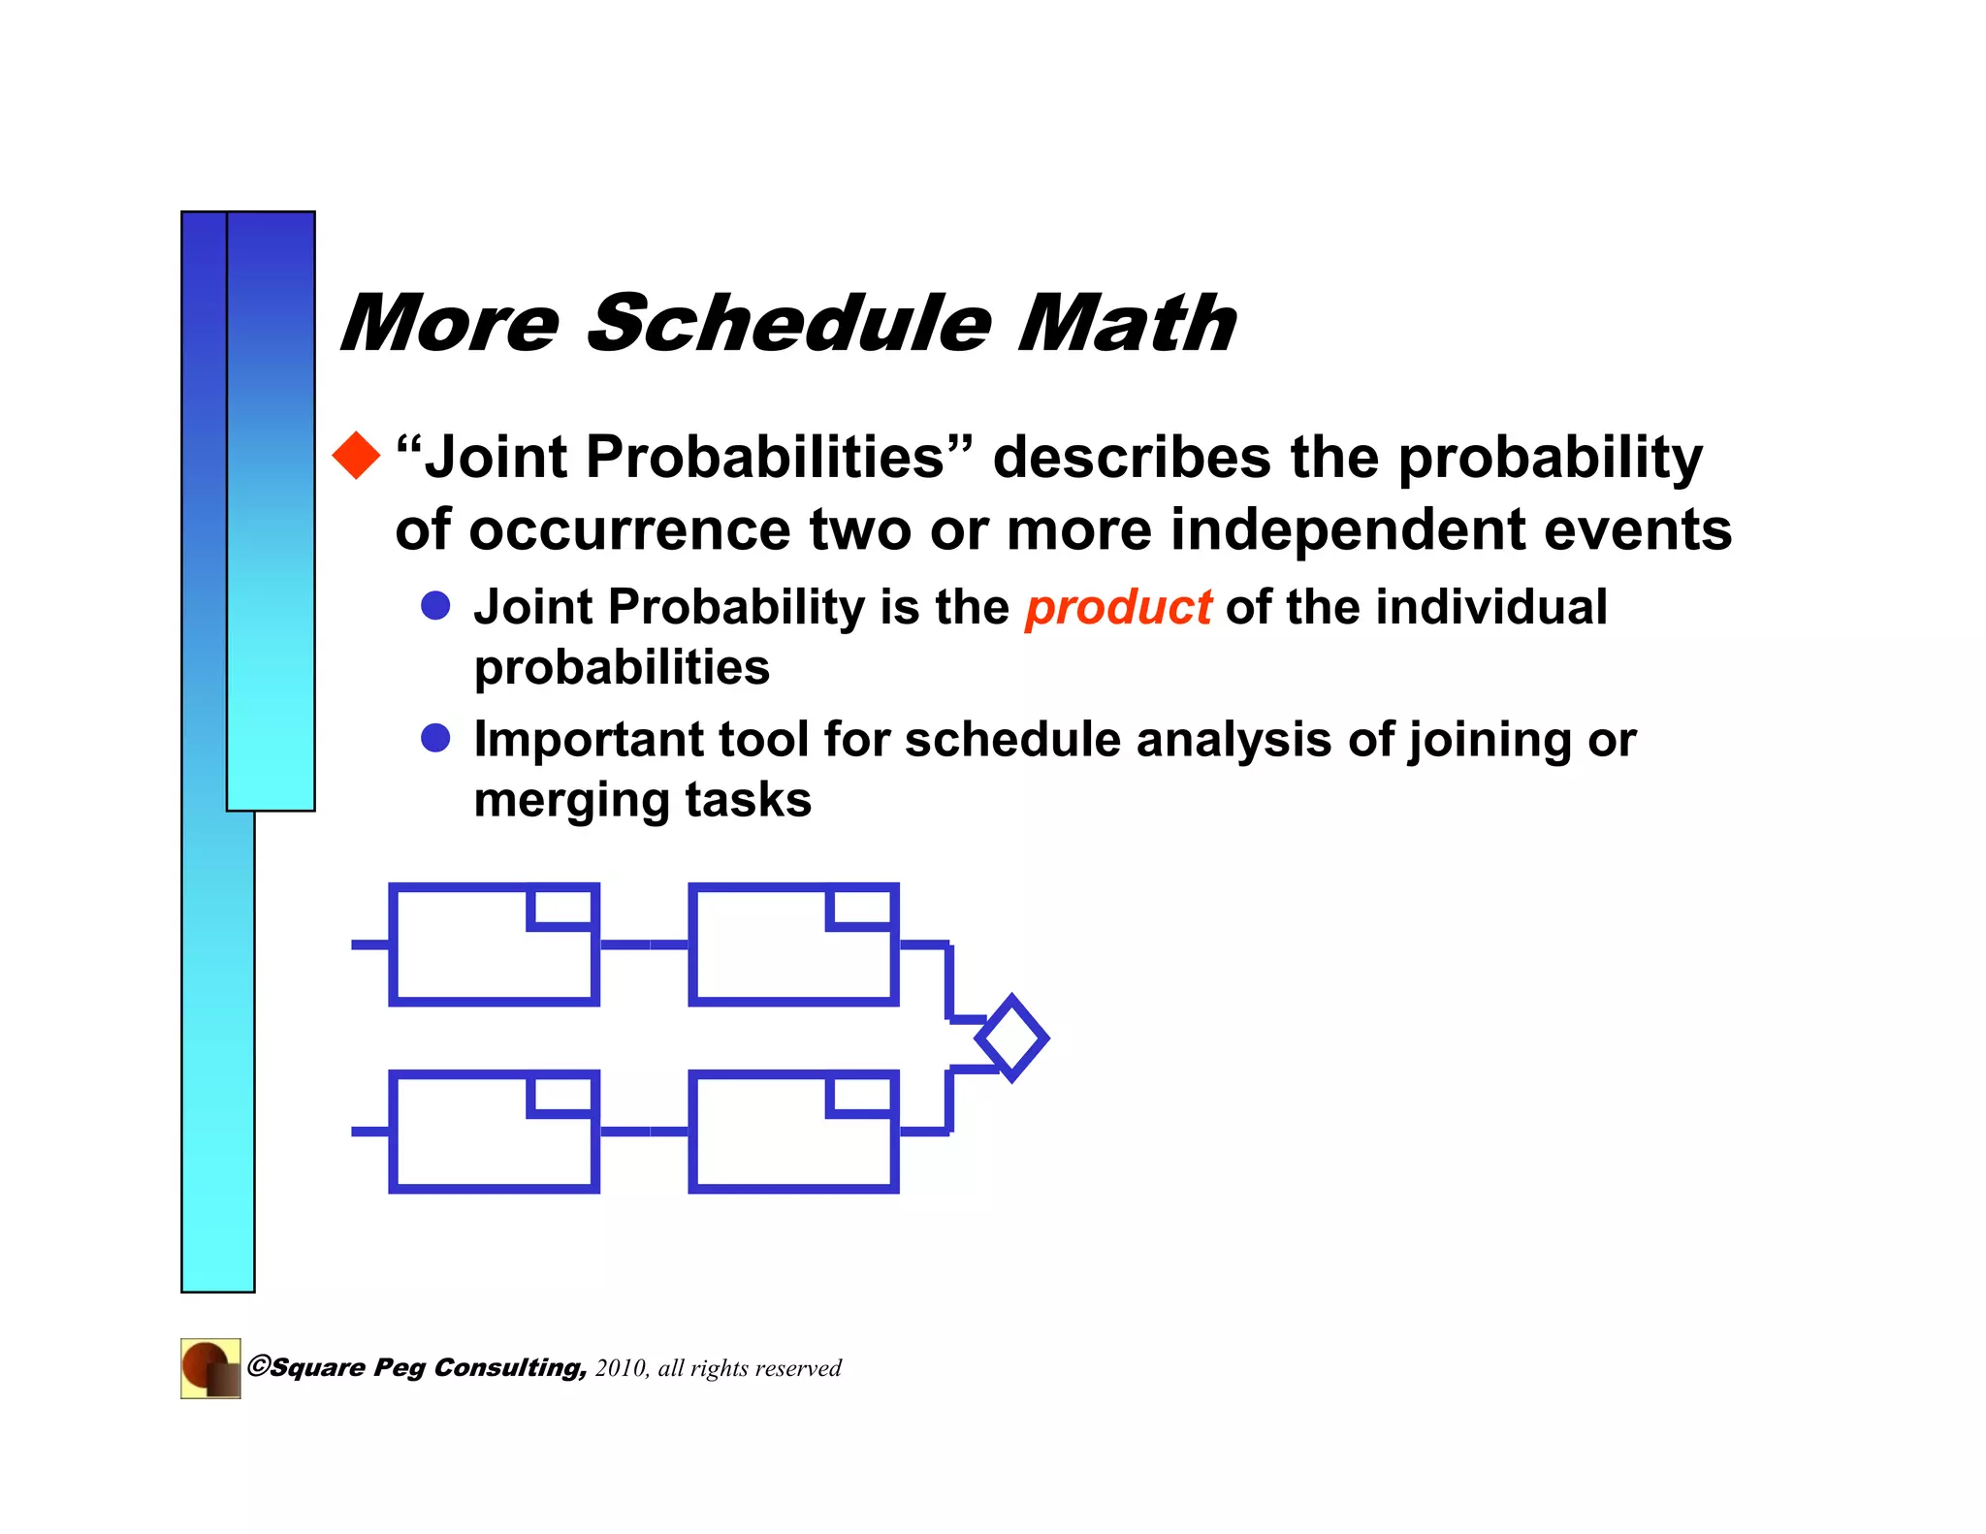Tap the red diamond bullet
coord(357,456)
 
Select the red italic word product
coord(1118,608)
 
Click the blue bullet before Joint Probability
coord(435,606)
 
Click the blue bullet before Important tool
coord(435,738)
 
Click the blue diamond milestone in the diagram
coord(1011,1038)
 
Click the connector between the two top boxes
coord(643,944)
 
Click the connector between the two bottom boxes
coord(643,1132)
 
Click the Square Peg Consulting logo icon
coord(210,1368)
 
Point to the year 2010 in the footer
coord(621,1368)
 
